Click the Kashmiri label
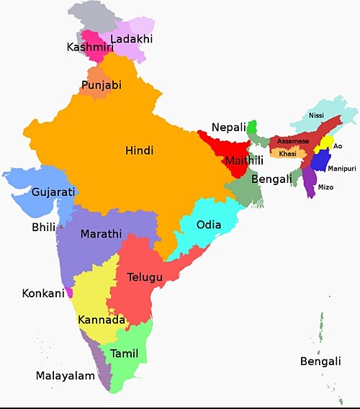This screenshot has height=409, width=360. [x=88, y=48]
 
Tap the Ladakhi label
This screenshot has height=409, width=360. [x=132, y=39]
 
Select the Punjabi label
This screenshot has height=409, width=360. [x=102, y=85]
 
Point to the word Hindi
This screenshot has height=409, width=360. [x=140, y=150]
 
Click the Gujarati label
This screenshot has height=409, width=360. [x=53, y=192]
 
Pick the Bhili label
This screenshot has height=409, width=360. [x=43, y=228]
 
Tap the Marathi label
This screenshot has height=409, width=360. [x=101, y=234]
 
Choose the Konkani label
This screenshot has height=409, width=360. [x=43, y=294]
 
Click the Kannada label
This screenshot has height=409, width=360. [x=102, y=320]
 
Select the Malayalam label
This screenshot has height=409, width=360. [x=66, y=376]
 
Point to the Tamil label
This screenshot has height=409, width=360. [x=124, y=353]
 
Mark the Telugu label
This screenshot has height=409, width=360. [x=145, y=277]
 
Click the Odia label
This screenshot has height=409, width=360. [x=209, y=224]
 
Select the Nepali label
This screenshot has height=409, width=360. [x=229, y=127]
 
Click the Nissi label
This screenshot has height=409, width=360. [x=316, y=115]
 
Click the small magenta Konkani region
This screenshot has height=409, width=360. [x=69, y=293]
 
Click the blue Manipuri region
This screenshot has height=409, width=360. [x=318, y=160]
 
